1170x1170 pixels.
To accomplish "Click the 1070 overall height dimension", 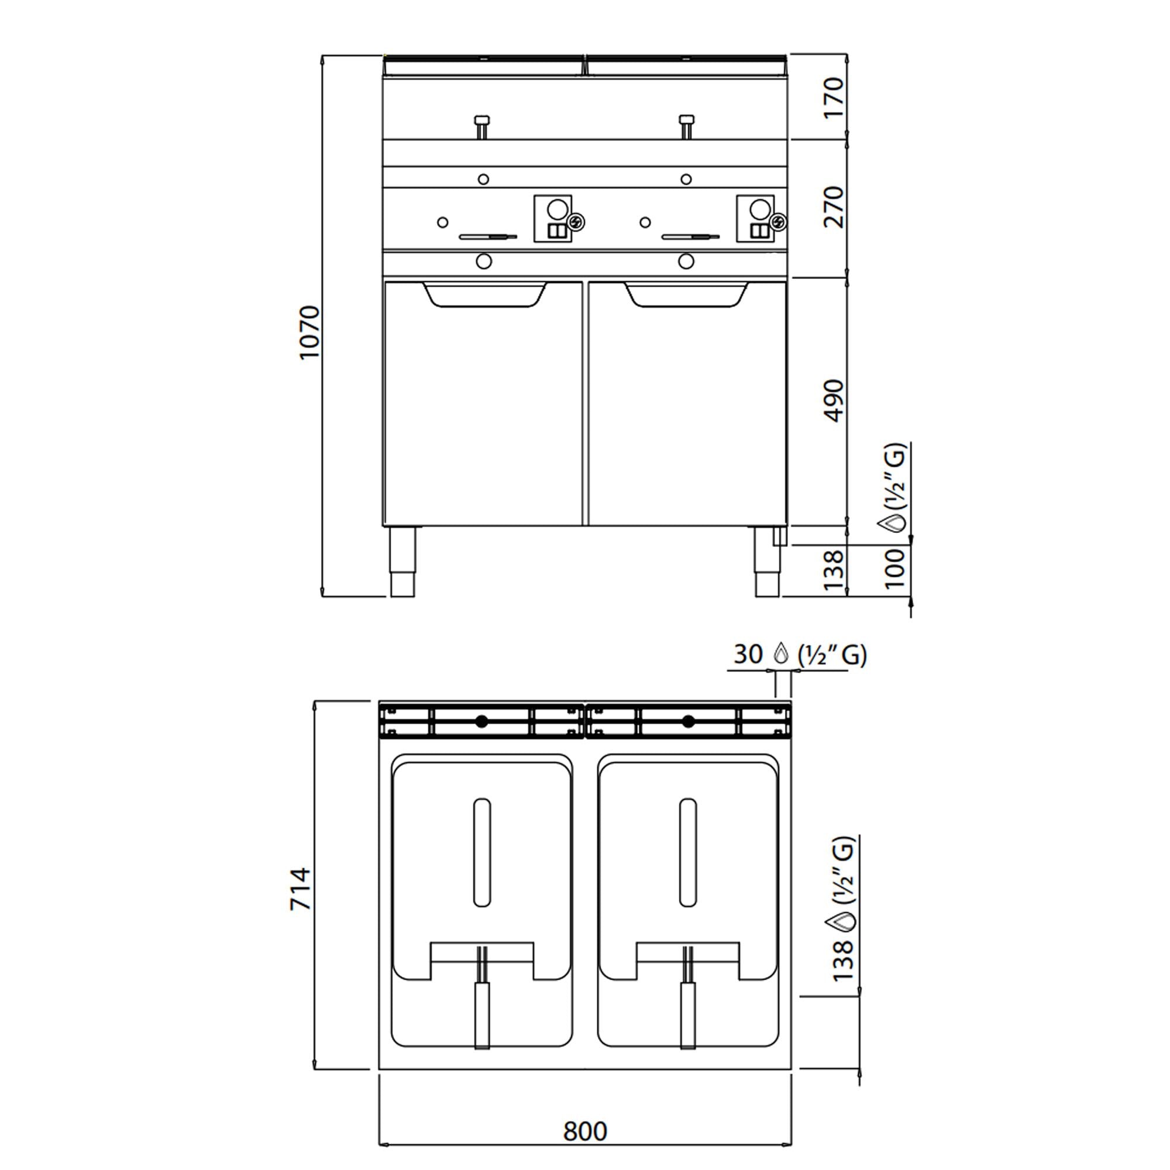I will coord(309,332).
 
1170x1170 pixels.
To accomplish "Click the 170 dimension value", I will coord(834,98).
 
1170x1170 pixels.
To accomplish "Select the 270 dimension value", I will coord(834,207).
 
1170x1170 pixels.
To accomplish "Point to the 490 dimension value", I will coord(834,401).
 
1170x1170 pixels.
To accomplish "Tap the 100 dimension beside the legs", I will coord(894,568).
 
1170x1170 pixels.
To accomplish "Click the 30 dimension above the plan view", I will coord(748,654).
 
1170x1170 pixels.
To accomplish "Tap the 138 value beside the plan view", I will coord(842,961).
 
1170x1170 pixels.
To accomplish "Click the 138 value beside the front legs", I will coord(834,569).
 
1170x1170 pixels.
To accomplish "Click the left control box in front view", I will coord(552,218).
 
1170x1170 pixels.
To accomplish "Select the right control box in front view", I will coord(755,218).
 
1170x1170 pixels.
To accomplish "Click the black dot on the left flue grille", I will coord(481,721).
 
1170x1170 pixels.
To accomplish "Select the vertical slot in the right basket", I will coord(688,853).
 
